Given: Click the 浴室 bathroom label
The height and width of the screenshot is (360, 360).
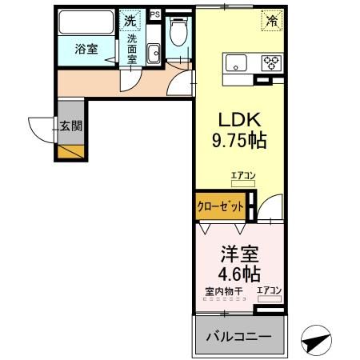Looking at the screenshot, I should [86, 49].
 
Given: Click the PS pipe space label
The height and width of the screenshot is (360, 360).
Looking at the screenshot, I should [154, 14].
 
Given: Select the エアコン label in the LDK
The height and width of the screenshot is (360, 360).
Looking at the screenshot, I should [242, 175].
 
